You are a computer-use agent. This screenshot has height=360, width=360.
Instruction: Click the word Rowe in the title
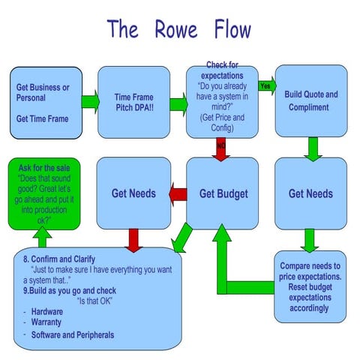click(x=178, y=29)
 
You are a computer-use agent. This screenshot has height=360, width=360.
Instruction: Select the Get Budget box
click(x=222, y=193)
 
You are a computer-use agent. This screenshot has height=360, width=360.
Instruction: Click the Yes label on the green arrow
click(x=264, y=85)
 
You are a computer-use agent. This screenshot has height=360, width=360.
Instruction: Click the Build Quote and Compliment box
click(x=311, y=101)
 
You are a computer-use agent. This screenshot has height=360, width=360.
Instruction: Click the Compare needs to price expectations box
click(x=310, y=286)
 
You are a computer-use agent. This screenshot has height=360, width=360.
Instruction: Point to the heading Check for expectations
click(x=222, y=70)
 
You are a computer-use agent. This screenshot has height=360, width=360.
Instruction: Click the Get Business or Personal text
click(x=43, y=92)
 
